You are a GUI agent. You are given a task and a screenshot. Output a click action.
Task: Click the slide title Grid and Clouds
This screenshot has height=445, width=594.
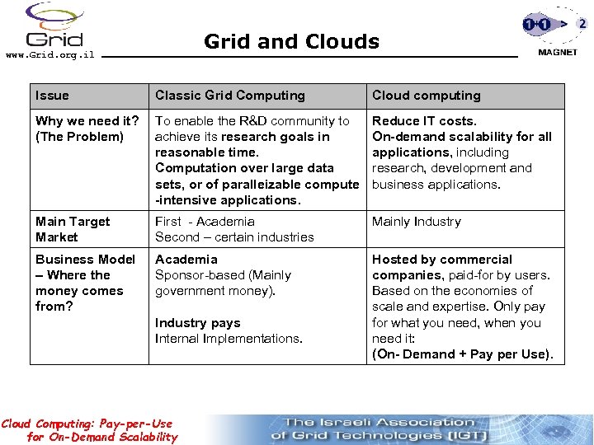291,41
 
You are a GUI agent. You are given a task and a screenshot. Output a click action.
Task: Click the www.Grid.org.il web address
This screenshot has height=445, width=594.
49,55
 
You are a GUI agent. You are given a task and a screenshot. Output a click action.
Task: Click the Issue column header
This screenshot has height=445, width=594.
52,96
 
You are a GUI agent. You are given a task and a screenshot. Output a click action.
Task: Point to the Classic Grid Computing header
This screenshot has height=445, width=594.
230,96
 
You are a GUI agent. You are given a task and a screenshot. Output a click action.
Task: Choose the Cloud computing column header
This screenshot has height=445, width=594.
426,96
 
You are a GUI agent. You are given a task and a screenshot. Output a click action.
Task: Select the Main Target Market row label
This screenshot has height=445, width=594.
73,229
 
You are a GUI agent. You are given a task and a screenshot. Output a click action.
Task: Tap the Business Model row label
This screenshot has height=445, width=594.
85,260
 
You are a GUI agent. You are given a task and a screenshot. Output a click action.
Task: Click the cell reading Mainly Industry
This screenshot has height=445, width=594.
416,222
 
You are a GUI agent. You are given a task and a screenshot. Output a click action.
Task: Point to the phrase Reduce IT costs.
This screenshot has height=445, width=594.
424,121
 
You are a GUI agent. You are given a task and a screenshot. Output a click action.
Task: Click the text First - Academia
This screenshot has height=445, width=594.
205,222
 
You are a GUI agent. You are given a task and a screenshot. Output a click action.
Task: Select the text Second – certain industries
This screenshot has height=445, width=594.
234,237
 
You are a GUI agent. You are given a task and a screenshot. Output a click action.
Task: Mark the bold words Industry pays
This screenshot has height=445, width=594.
197,323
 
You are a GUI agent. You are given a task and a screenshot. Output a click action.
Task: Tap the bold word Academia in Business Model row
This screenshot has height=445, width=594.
186,260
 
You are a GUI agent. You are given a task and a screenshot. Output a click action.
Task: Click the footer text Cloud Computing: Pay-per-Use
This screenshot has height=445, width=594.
87,424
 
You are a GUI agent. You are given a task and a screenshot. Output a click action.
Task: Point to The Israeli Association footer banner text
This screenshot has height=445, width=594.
379,423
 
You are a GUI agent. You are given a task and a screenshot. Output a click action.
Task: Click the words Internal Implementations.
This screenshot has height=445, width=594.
229,339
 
